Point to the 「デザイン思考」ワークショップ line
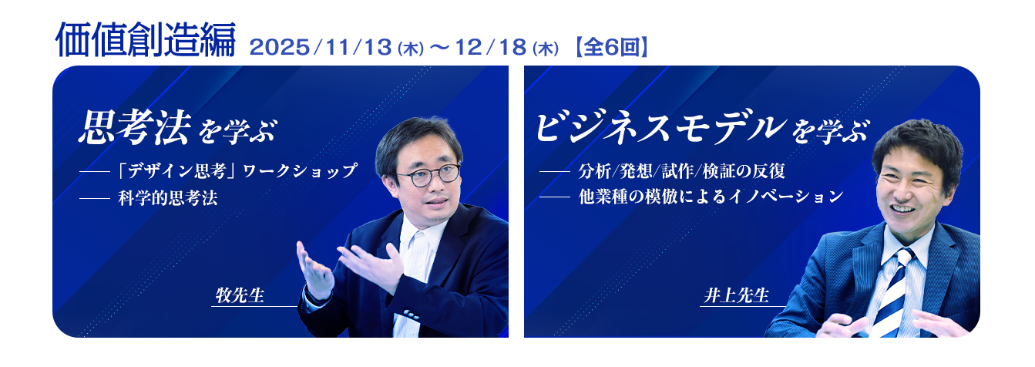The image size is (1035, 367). [x=237, y=170]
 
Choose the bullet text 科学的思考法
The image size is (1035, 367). [x=167, y=198]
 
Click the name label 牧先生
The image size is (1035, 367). [x=240, y=296]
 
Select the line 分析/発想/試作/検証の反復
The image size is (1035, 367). [x=681, y=170]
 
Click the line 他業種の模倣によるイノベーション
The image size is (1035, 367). [x=711, y=197]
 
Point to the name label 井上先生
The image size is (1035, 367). [x=736, y=296]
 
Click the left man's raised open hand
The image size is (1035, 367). [x=314, y=270]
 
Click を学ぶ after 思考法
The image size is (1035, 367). [x=236, y=131]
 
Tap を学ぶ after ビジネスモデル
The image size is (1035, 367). [x=829, y=131]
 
